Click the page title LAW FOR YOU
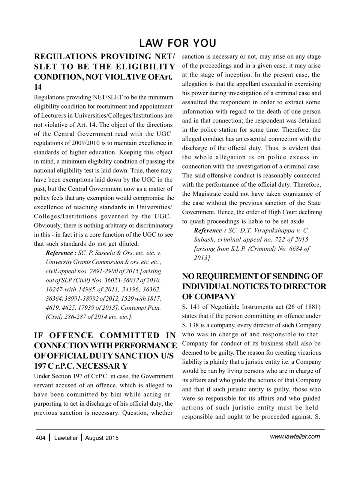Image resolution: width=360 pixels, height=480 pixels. tap(177, 43)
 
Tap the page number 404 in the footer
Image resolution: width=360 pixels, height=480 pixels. tap(40, 438)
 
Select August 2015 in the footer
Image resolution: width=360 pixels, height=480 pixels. tap(102, 438)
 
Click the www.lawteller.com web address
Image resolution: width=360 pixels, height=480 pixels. tap(295, 436)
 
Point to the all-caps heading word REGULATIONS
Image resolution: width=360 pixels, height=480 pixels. tap(64, 57)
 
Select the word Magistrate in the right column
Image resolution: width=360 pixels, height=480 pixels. tap(208, 194)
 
